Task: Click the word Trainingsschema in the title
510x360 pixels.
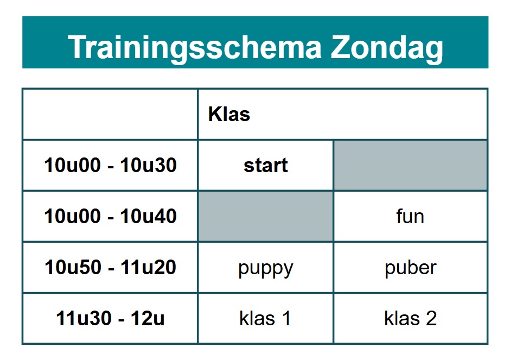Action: pos(194,48)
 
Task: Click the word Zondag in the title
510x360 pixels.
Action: pos(387,48)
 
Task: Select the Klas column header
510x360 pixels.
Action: pos(229,114)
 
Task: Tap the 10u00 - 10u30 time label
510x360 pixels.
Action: pos(110,165)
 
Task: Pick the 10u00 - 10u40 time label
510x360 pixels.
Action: pos(110,216)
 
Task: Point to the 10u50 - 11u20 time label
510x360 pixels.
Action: pos(110,267)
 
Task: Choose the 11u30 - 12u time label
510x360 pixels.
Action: pos(110,318)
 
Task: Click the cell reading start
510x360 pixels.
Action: pos(266,165)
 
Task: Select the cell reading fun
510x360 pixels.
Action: pos(411,216)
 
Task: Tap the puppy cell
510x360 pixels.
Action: pos(266,267)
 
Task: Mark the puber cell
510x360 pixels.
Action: pos(411,267)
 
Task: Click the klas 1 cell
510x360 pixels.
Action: pos(266,318)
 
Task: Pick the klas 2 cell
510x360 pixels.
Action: pos(411,318)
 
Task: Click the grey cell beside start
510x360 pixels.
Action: pos(411,165)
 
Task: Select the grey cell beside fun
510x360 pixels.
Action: pos(266,216)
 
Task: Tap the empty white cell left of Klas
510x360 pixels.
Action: pos(110,114)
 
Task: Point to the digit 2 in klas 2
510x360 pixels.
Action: pos(431,318)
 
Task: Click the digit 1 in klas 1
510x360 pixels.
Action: pos(286,318)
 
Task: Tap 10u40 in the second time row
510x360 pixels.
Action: pos(148,216)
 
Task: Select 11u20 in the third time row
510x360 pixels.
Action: pos(148,267)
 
